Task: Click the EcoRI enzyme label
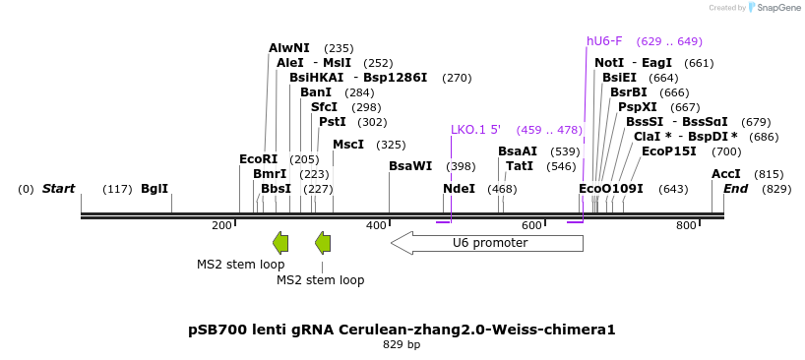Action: coord(258,159)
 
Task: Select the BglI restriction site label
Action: coord(155,189)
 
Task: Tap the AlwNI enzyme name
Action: coord(288,48)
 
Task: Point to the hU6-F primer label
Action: coord(604,41)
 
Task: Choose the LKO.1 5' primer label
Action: coord(475,130)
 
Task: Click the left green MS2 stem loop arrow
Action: coord(280,243)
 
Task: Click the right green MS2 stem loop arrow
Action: coord(323,243)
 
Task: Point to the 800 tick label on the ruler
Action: coord(686,226)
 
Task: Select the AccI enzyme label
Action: coord(725,174)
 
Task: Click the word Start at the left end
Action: coord(58,189)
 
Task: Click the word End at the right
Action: coord(735,189)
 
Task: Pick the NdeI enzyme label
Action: coord(459,189)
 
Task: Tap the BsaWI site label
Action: coord(409,166)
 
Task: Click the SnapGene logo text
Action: coord(777,8)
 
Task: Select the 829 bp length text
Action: coord(402,345)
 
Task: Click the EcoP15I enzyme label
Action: coord(668,151)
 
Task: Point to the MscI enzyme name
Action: coord(347,145)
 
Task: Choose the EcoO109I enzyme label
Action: coord(610,189)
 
